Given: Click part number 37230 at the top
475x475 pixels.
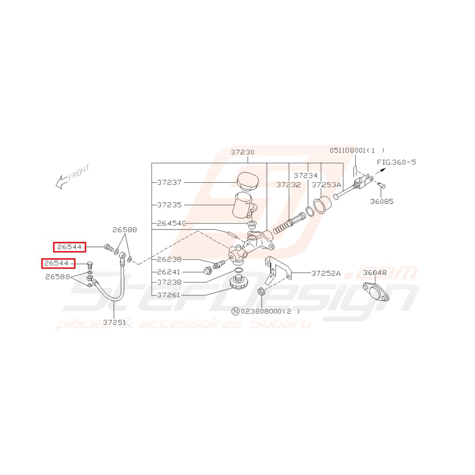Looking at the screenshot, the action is click(242, 152).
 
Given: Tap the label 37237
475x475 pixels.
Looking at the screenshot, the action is click(169, 182).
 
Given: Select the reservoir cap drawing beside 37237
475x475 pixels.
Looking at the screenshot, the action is click(248, 181).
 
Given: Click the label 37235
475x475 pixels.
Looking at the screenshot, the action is click(169, 205).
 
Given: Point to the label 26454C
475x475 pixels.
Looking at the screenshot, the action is click(171, 223).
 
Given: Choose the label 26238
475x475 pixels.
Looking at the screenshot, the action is click(169, 259).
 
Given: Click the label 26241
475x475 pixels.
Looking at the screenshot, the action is click(168, 272).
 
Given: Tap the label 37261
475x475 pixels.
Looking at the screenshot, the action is click(168, 295).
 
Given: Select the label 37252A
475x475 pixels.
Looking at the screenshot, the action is click(326, 273).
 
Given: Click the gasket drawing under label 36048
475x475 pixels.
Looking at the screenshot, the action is click(376, 291).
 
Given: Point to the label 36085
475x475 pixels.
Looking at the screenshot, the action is click(382, 202).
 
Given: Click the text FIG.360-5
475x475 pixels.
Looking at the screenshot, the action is click(396, 162).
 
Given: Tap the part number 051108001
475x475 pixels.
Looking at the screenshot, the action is click(348, 150).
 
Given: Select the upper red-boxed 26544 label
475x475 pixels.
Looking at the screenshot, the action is click(70, 247).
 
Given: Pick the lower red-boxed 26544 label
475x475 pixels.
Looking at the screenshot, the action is click(58, 263).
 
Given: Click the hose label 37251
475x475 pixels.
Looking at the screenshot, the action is click(114, 322).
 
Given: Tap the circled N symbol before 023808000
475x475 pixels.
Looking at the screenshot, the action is click(235, 311).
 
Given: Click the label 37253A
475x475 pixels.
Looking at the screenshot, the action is click(326, 185).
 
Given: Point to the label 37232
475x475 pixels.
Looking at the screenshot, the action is click(288, 185).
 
